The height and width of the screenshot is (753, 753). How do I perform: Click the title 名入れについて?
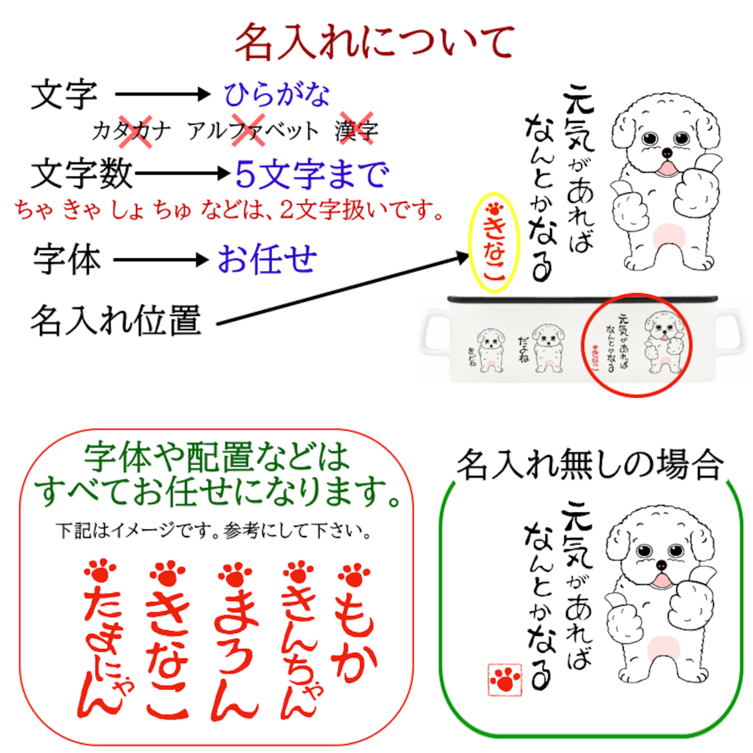tap(375, 42)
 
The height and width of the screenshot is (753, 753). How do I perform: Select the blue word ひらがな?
tap(276, 94)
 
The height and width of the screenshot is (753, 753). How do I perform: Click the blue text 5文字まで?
tap(312, 175)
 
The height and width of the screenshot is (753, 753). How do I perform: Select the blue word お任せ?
tap(267, 259)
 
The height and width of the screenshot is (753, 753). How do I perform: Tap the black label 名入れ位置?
tap(116, 321)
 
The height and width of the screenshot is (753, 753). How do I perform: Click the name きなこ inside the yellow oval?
tap(494, 250)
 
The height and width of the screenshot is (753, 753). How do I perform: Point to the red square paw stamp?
tap(505, 679)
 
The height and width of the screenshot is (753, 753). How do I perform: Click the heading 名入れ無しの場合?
tap(590, 465)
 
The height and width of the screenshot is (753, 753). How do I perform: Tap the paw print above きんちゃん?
tap(299, 573)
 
